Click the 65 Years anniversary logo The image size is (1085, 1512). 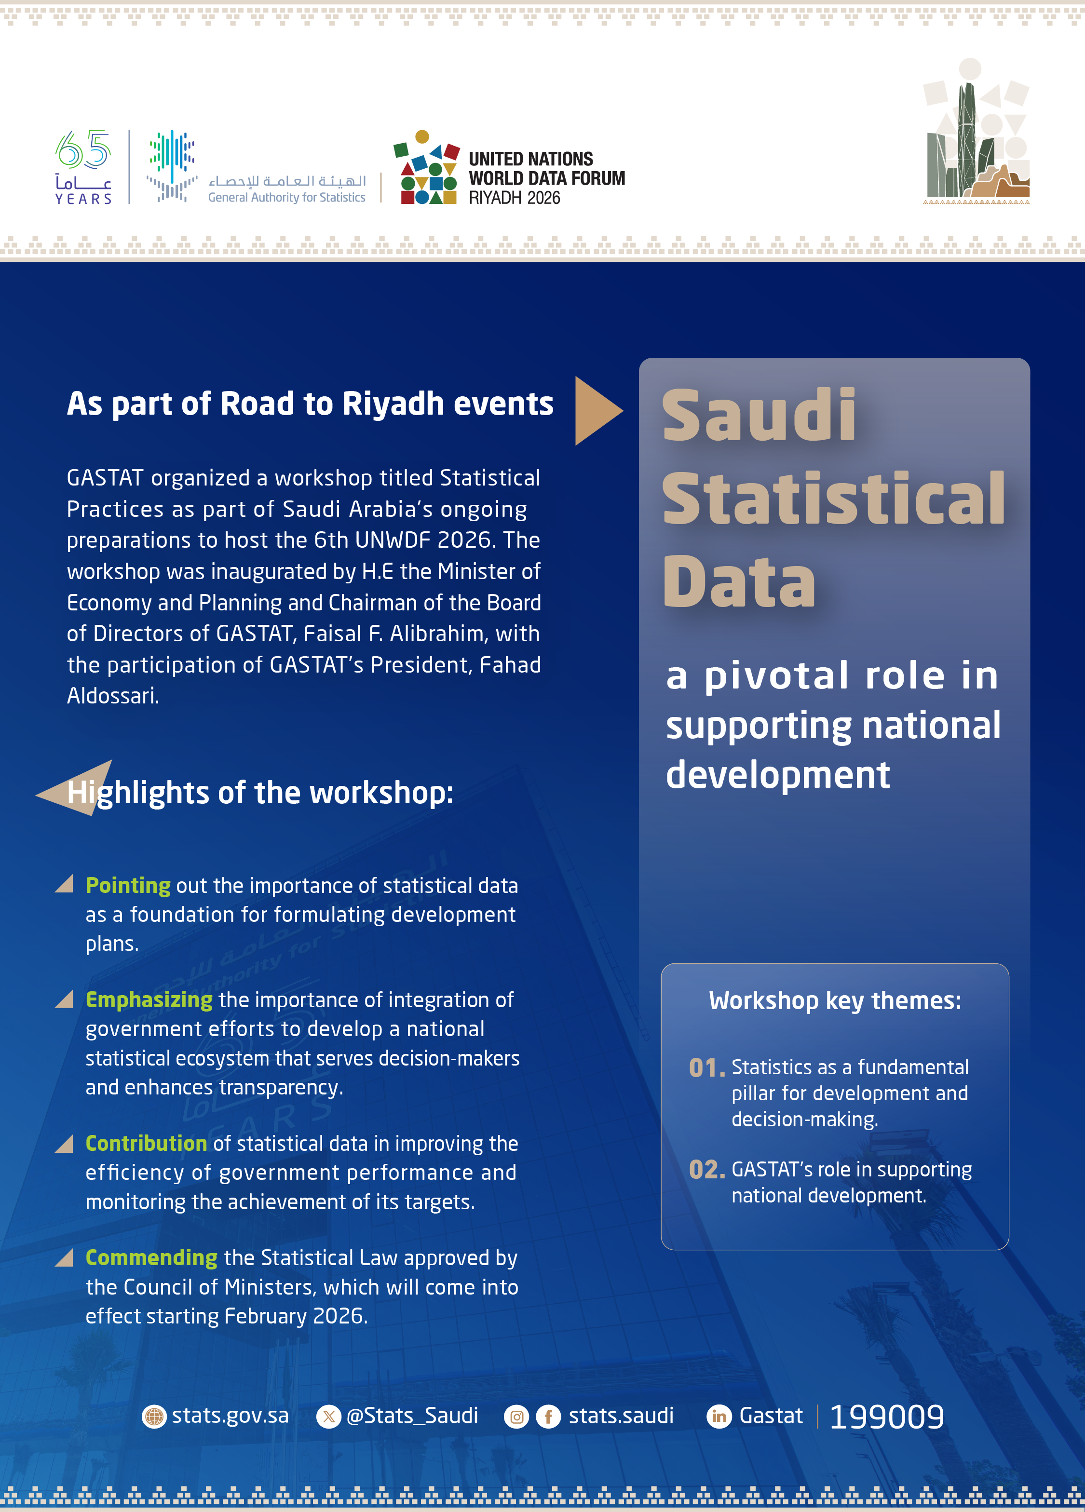[83, 167]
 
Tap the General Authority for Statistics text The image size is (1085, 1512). [287, 197]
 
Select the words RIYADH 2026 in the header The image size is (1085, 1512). [514, 198]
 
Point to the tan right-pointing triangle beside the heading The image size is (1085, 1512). [596, 411]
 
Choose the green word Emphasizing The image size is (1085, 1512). [149, 1000]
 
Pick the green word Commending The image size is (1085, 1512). [151, 1257]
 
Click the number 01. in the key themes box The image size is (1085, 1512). [706, 1068]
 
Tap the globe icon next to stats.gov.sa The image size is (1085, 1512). [154, 1416]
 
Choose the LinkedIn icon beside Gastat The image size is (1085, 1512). [719, 1416]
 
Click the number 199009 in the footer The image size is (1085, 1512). [886, 1417]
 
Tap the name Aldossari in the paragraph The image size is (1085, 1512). [112, 696]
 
